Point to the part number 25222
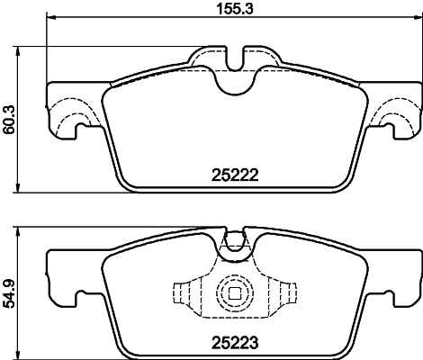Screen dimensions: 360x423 [x=236, y=176]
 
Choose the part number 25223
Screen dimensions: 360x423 [x=236, y=342]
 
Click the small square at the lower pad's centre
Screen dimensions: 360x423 [x=235, y=292]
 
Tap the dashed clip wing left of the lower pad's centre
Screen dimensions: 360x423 [x=184, y=293]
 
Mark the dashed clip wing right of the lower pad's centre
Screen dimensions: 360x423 [x=285, y=293]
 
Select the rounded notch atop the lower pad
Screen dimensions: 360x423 [x=235, y=241]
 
